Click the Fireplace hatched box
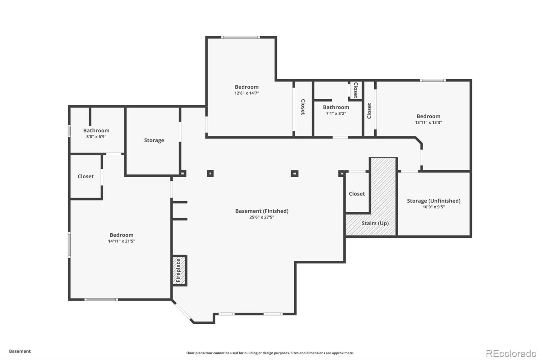[179, 271]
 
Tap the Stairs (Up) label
[375, 223]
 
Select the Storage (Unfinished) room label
[433, 201]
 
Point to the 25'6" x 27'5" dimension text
[262, 217]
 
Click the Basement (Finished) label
[262, 211]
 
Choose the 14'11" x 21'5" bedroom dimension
[122, 241]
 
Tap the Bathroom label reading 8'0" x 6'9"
[96, 130]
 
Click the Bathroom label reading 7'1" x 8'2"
[336, 107]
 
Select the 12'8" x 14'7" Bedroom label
[247, 87]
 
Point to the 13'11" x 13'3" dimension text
[428, 123]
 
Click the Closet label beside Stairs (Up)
[357, 194]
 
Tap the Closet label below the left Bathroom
[85, 176]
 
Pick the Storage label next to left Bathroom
[154, 140]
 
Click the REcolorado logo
[511, 353]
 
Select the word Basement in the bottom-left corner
[20, 351]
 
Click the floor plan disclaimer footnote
[270, 353]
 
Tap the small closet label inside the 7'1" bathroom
[355, 90]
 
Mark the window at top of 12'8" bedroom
[240, 37]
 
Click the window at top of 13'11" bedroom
[433, 80]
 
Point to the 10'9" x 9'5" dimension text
[433, 207]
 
